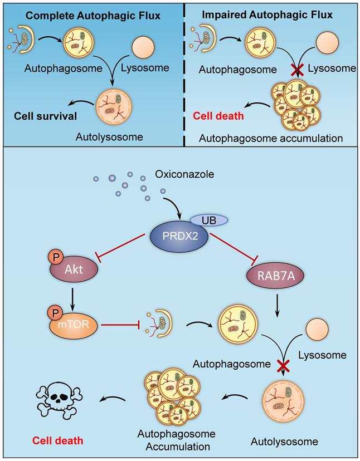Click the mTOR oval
point(75,322)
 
